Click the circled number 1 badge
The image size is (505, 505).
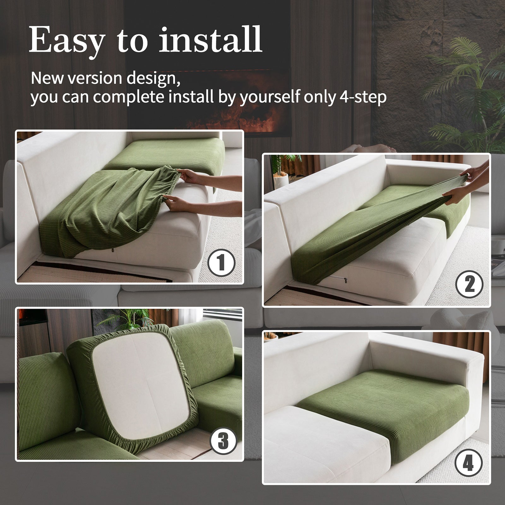tap(221, 263)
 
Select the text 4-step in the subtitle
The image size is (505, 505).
tap(363, 97)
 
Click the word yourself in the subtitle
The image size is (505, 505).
tap(270, 97)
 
